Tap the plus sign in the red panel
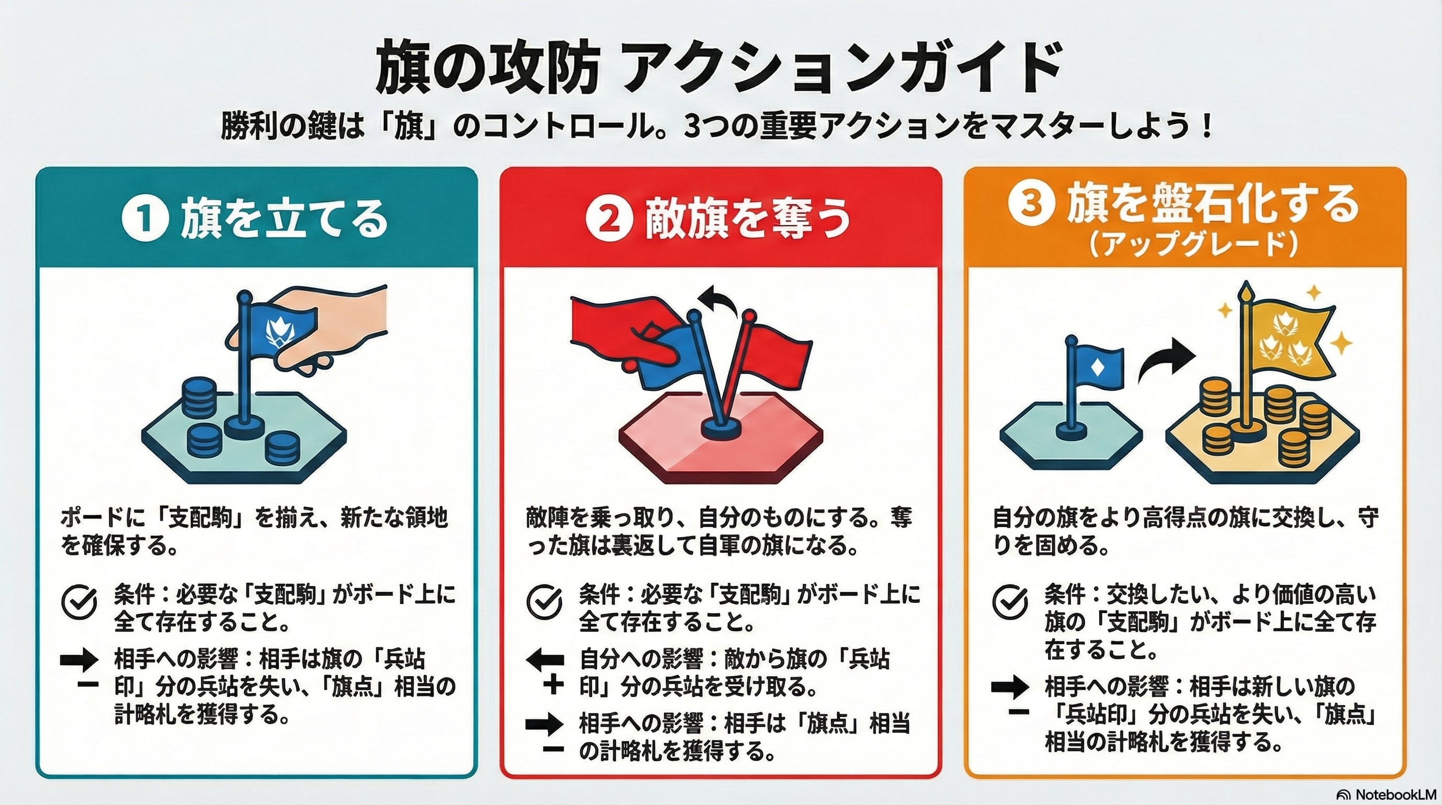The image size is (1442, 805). coord(553,685)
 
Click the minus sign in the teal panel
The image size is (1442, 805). coord(88,684)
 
